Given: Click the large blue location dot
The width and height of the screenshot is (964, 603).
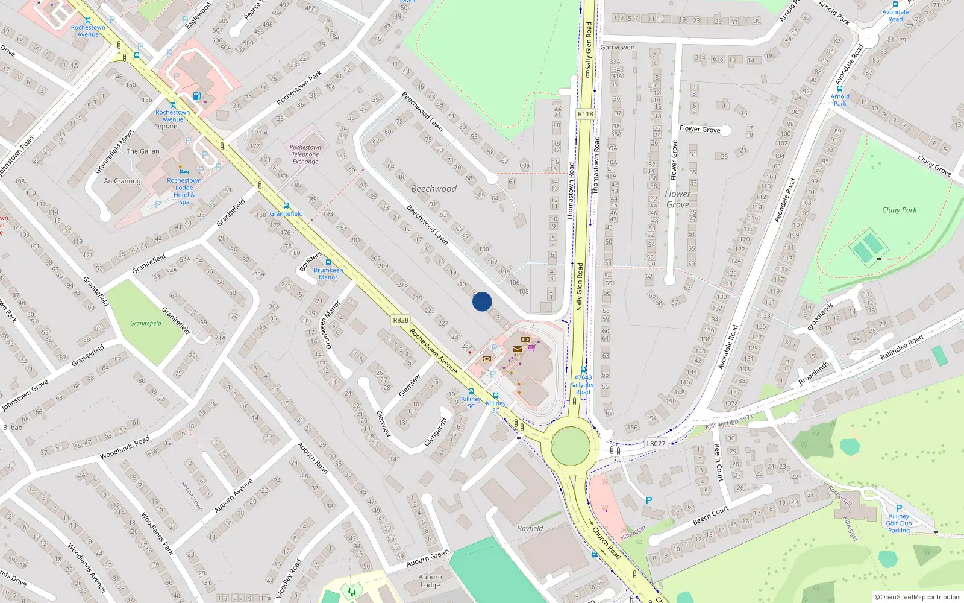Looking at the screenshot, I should pyautogui.click(x=482, y=301).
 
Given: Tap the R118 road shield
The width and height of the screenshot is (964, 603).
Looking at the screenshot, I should pyautogui.click(x=585, y=114).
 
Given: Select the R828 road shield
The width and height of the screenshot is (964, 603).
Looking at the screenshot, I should pyautogui.click(x=400, y=320).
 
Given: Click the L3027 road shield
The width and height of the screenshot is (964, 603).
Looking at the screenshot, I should pyautogui.click(x=656, y=444).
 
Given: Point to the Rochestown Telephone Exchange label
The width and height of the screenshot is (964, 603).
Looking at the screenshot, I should pyautogui.click(x=305, y=154).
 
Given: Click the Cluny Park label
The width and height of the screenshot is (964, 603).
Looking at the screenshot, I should pyautogui.click(x=899, y=210).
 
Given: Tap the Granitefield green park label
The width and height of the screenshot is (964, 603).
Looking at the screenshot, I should pyautogui.click(x=146, y=323).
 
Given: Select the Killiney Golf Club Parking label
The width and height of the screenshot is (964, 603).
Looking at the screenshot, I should pyautogui.click(x=899, y=523).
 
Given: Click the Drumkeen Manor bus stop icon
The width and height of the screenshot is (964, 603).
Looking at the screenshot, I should pyautogui.click(x=328, y=262).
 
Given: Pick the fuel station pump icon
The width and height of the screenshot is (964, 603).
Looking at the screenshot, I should pyautogui.click(x=196, y=96).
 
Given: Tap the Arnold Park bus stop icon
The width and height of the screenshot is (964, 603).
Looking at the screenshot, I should pyautogui.click(x=839, y=89).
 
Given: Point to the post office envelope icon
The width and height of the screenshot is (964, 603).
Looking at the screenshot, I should pyautogui.click(x=517, y=349).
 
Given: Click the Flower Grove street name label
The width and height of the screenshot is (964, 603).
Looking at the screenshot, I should pyautogui.click(x=700, y=129).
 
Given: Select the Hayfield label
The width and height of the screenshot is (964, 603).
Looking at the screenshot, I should pyautogui.click(x=530, y=529).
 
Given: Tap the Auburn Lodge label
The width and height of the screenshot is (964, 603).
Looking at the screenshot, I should pyautogui.click(x=430, y=581).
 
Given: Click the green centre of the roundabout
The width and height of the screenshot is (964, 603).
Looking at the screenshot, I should pyautogui.click(x=570, y=446).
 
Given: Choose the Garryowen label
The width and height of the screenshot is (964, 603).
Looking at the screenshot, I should pyautogui.click(x=617, y=48).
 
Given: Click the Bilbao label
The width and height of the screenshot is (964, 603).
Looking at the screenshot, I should pyautogui.click(x=13, y=428).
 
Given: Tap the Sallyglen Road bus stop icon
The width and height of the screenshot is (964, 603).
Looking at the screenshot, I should pyautogui.click(x=583, y=370).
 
